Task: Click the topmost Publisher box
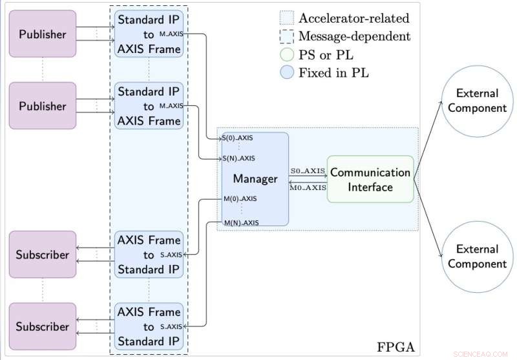[42, 34]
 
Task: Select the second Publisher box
[42, 106]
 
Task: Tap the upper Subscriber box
[42, 255]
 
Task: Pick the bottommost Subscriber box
[42, 326]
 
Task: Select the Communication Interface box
[370, 180]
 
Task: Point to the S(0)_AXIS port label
[238, 138]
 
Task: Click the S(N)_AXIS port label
[238, 158]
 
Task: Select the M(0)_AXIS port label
[240, 199]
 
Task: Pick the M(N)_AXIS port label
[240, 222]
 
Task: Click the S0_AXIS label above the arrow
[307, 171]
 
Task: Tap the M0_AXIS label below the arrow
[307, 188]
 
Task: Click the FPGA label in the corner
[395, 347]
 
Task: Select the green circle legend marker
[287, 54]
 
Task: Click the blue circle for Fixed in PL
[287, 72]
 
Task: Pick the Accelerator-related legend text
[353, 18]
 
